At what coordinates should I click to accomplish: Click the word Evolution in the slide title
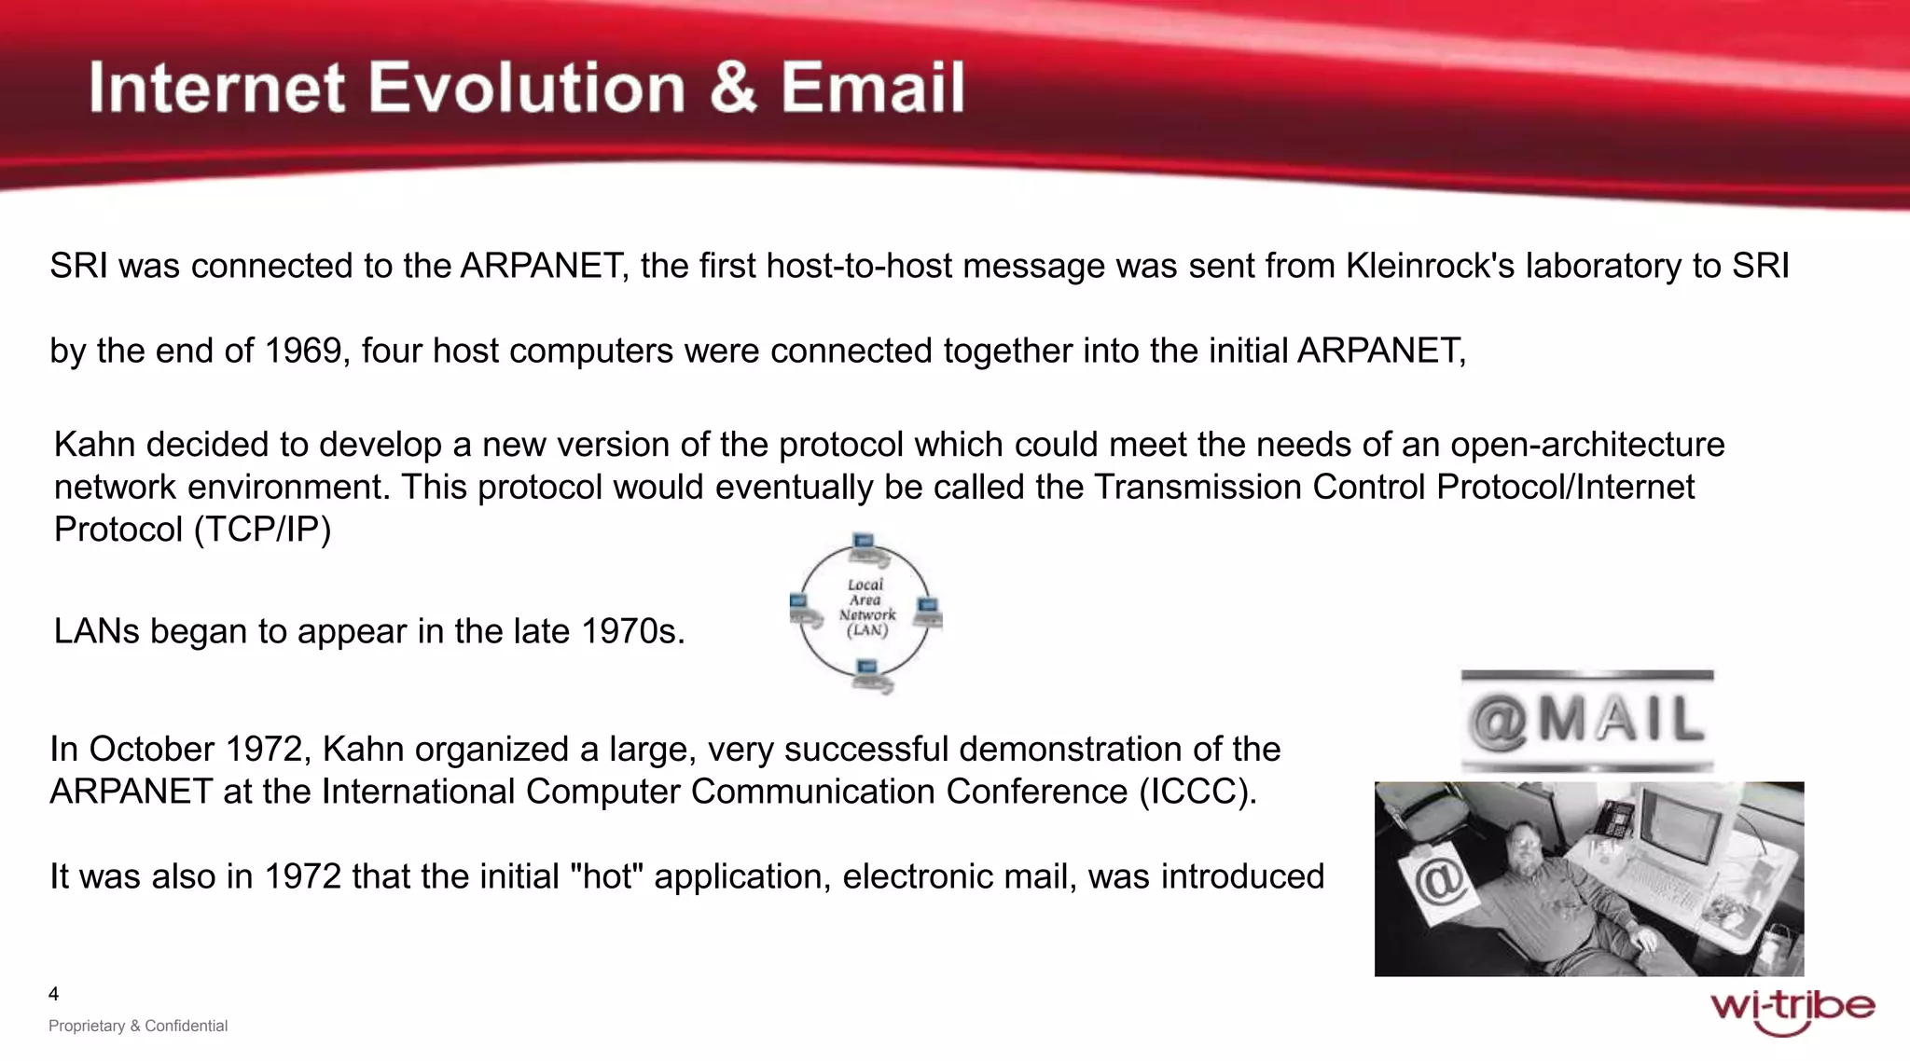coord(528,89)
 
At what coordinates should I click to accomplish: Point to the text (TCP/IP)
coord(262,530)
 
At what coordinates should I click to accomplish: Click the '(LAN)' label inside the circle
coord(866,630)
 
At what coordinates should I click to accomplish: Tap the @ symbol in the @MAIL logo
coord(1496,722)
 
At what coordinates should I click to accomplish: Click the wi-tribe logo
coord(1792,1011)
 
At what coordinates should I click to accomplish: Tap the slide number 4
coord(53,994)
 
